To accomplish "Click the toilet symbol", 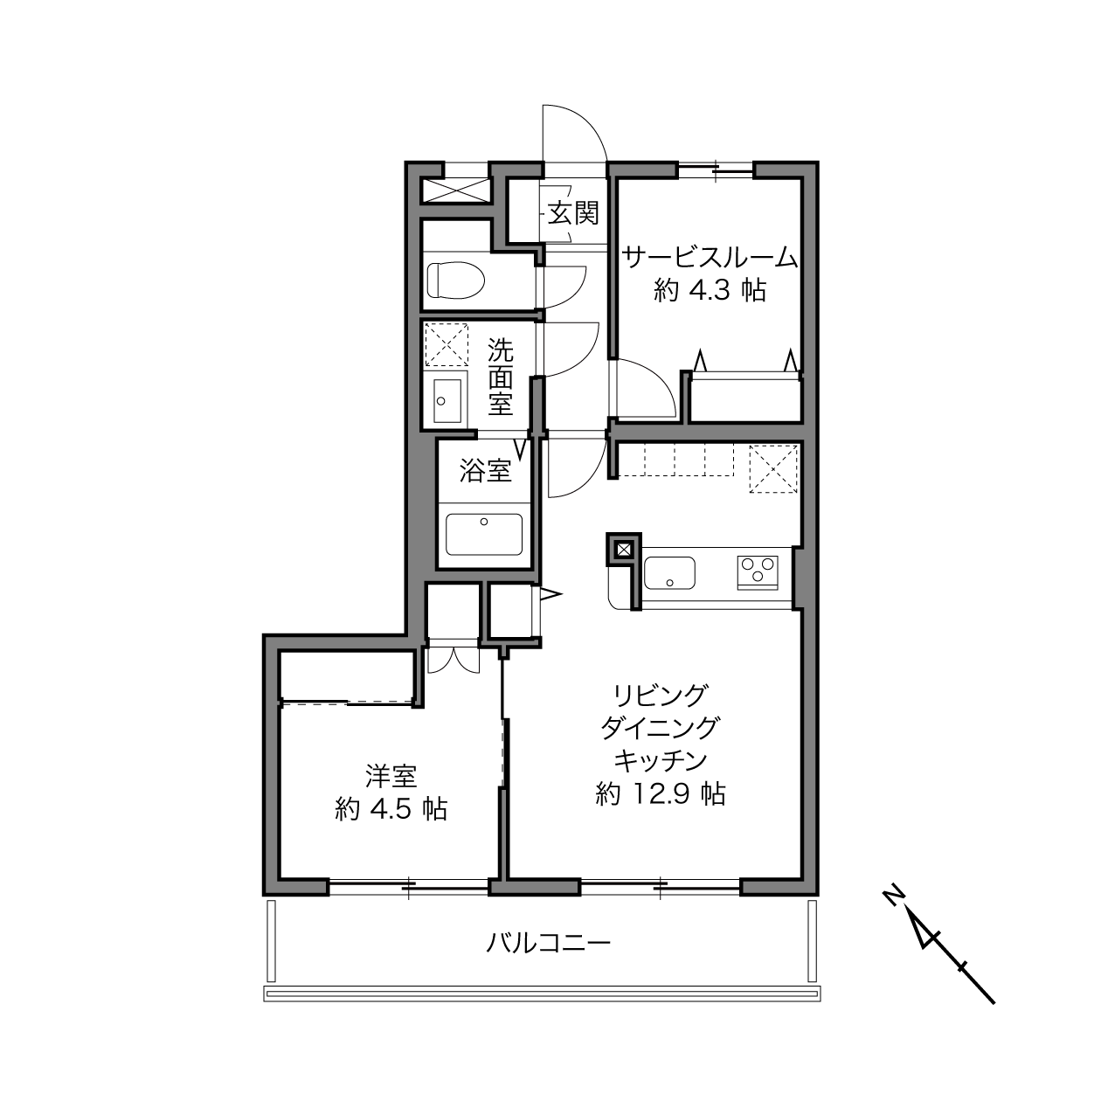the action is tap(455, 280).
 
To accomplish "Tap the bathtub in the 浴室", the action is tap(484, 534).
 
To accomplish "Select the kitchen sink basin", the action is tap(670, 573).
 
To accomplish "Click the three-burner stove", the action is tap(758, 573).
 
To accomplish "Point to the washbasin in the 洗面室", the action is tap(447, 400).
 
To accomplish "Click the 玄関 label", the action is tap(573, 215).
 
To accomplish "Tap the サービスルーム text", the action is tap(710, 258).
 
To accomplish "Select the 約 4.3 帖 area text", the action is tap(710, 291).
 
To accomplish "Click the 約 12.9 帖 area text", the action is tap(661, 793).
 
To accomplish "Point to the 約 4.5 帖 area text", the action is tap(391, 809).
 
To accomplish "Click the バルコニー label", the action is tap(549, 944).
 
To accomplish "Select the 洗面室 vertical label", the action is tap(501, 377).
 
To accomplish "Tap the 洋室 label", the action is tap(391, 776).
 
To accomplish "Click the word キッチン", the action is tap(661, 761).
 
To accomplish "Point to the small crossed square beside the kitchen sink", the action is tap(624, 550).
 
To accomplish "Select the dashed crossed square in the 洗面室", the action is tap(447, 345).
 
